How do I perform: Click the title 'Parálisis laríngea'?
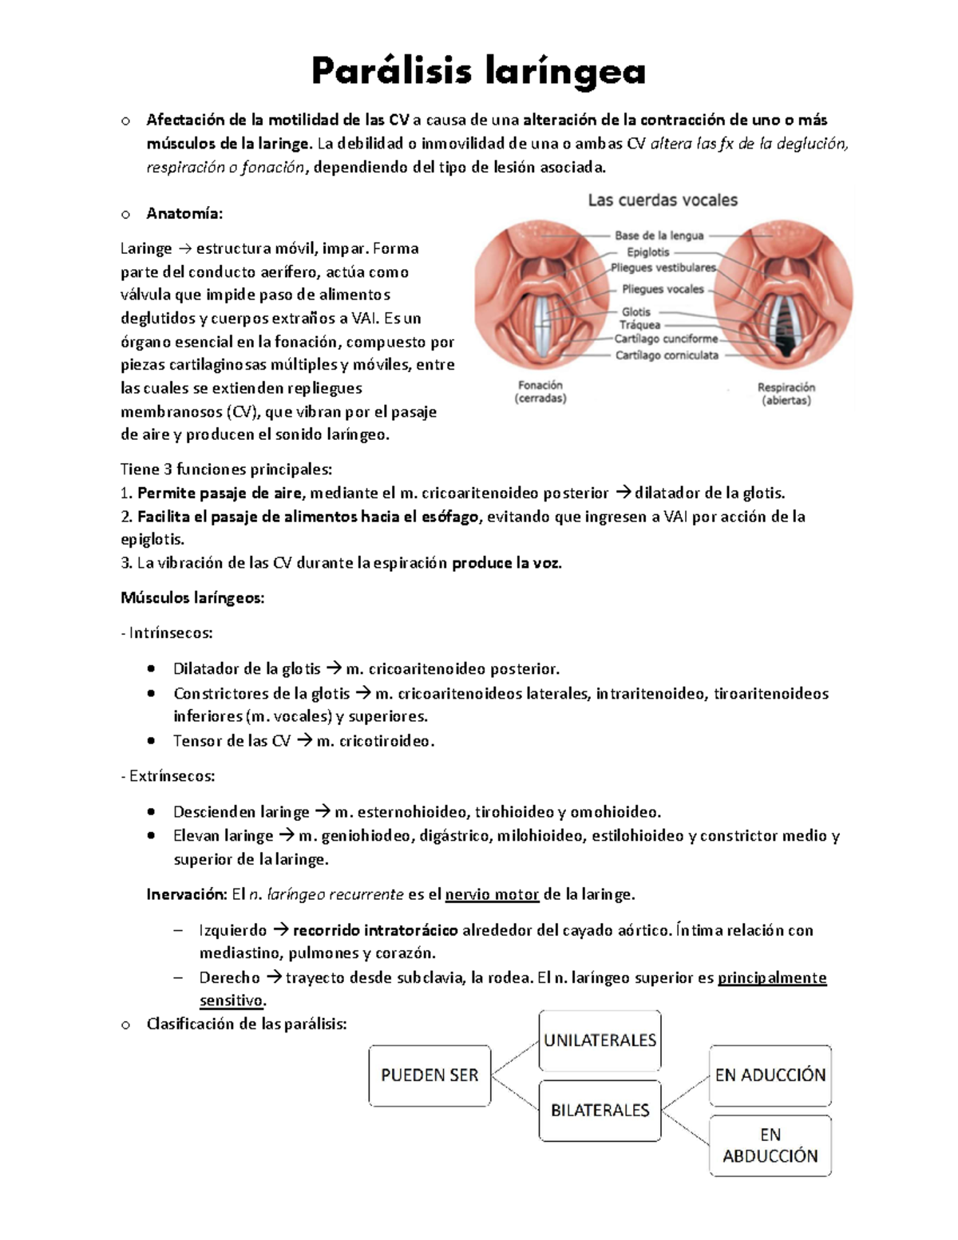(478, 72)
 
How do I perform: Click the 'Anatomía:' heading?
(184, 213)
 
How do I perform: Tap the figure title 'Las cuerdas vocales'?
(663, 200)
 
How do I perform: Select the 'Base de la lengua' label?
(659, 236)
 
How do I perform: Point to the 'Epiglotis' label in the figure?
(647, 252)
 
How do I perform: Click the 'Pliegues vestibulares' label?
(663, 267)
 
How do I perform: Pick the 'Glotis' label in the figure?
(636, 311)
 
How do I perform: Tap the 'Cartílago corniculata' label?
(666, 355)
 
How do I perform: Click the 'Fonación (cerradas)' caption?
(540, 391)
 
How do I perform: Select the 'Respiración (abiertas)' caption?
(786, 394)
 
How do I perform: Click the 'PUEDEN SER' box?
(430, 1076)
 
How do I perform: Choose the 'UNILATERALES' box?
(600, 1040)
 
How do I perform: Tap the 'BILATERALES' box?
(600, 1110)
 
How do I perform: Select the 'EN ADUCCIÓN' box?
(770, 1076)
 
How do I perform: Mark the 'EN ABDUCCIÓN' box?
(770, 1145)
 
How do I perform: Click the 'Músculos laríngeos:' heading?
(192, 598)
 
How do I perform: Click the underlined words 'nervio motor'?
(492, 894)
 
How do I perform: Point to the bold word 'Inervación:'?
(187, 894)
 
